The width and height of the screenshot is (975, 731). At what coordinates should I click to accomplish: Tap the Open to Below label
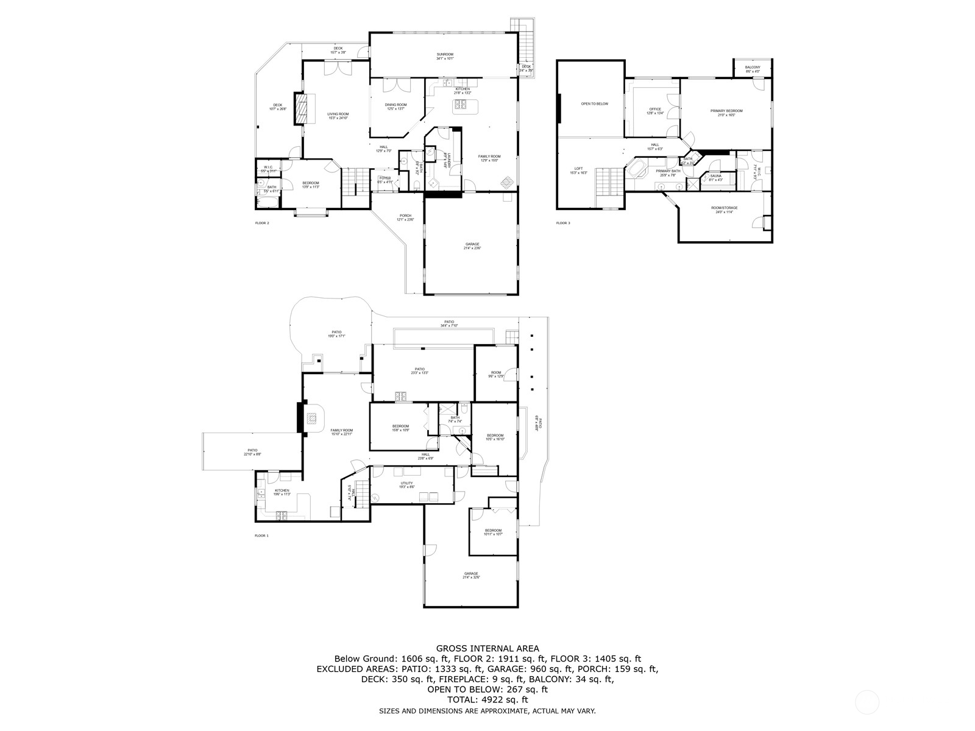pyautogui.click(x=594, y=104)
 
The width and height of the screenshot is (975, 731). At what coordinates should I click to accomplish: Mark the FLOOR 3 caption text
pyautogui.click(x=563, y=223)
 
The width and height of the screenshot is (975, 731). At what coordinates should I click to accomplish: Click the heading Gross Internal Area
pyautogui.click(x=487, y=649)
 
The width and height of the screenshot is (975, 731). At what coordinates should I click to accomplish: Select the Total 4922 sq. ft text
pyautogui.click(x=487, y=700)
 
